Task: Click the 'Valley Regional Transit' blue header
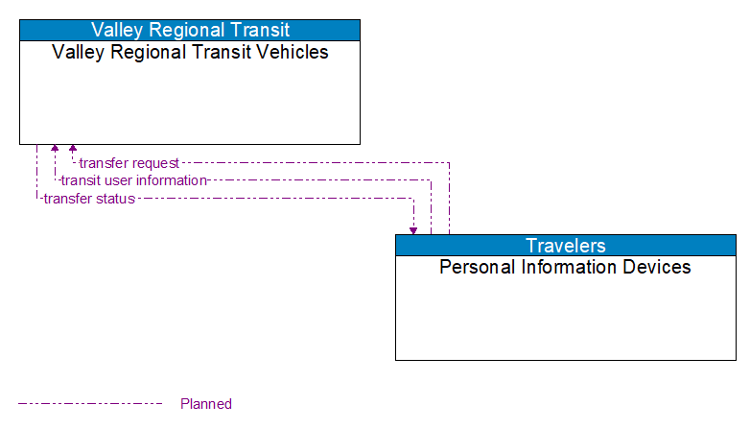190,30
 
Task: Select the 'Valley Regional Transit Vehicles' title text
190,52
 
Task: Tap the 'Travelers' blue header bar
566,245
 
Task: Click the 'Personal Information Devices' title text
565,267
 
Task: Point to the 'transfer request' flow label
129,163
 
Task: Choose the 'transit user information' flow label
133,180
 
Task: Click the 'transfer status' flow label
89,199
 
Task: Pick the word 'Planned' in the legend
206,404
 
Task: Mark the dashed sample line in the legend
90,404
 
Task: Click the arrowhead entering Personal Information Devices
413,230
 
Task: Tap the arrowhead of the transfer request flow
73,149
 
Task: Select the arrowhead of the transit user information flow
55,149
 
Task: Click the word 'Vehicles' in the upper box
292,52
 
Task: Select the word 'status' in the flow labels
114,199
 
